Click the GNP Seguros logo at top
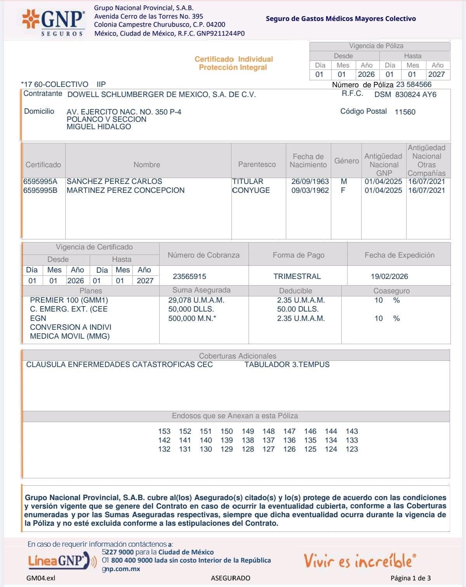[x=53, y=22]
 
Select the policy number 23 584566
[x=414, y=85]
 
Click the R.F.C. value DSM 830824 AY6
[x=405, y=94]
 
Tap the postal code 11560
[x=405, y=112]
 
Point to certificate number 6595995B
[x=40, y=190]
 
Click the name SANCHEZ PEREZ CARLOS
[x=114, y=181]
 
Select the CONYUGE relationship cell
[x=251, y=190]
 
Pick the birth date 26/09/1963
[x=310, y=181]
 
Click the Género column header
[x=346, y=161]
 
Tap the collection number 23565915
[x=190, y=276]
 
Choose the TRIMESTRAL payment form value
[x=297, y=276]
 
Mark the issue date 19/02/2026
[x=389, y=276]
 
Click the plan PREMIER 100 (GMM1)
[x=69, y=300]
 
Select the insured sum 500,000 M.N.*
[x=192, y=318]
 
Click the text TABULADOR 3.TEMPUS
[x=287, y=364]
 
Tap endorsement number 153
[x=164, y=431]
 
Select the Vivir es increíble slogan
[x=359, y=561]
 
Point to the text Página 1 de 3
[x=410, y=578]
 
